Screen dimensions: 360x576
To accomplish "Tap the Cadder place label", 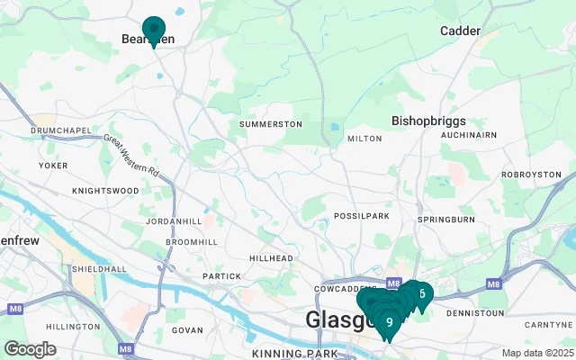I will click(460, 31).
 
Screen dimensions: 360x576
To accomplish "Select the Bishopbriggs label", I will click(427, 119).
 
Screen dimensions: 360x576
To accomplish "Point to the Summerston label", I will click(270, 123).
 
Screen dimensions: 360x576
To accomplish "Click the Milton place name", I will click(364, 139).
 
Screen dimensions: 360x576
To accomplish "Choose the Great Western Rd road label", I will click(131, 155).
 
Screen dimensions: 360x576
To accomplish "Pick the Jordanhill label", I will click(173, 221).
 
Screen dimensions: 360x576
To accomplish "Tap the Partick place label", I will click(221, 276).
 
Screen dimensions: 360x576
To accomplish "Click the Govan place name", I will click(187, 331).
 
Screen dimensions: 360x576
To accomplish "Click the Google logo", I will click(30, 349).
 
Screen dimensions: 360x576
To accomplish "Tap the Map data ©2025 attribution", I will click(537, 353).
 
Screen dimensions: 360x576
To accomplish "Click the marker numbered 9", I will click(389, 322).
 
